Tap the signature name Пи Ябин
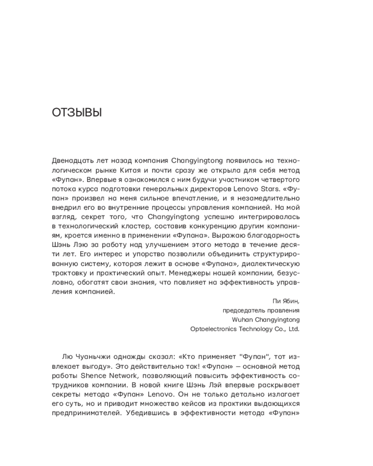(287, 301)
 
